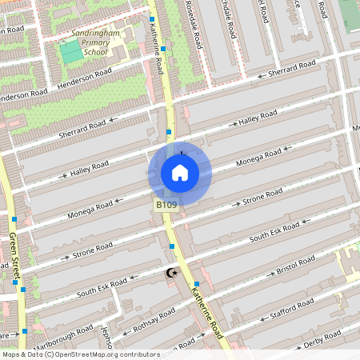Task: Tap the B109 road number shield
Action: [x=166, y=206]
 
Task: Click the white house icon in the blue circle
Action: [x=179, y=173]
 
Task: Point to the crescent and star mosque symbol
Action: [x=170, y=274]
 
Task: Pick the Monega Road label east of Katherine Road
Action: [x=260, y=158]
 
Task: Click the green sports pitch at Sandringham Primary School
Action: [x=71, y=50]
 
